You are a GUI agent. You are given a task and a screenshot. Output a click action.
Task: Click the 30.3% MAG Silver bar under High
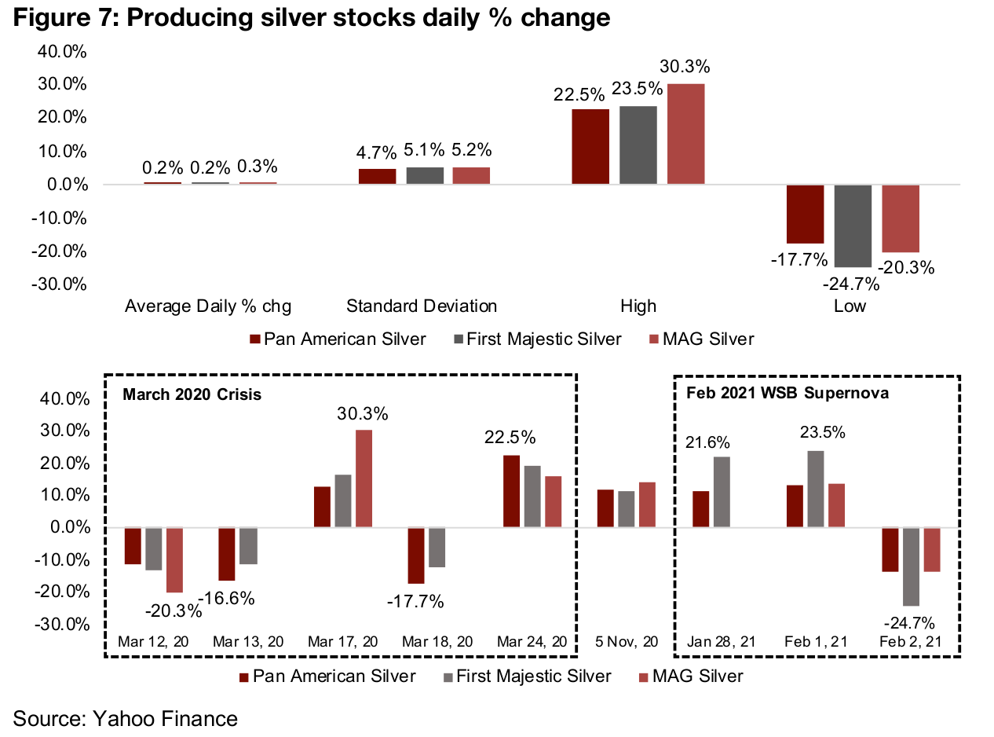point(686,134)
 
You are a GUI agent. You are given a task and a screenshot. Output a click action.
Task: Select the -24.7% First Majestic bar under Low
point(852,226)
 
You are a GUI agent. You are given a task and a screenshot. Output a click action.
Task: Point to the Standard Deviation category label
point(422,306)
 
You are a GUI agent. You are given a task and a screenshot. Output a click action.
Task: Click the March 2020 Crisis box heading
point(192,394)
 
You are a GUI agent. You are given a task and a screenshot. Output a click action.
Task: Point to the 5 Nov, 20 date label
point(626,642)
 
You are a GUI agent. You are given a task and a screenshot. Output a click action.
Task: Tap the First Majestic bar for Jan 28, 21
point(722,492)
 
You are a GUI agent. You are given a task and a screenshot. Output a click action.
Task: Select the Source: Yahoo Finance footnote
point(125,717)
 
